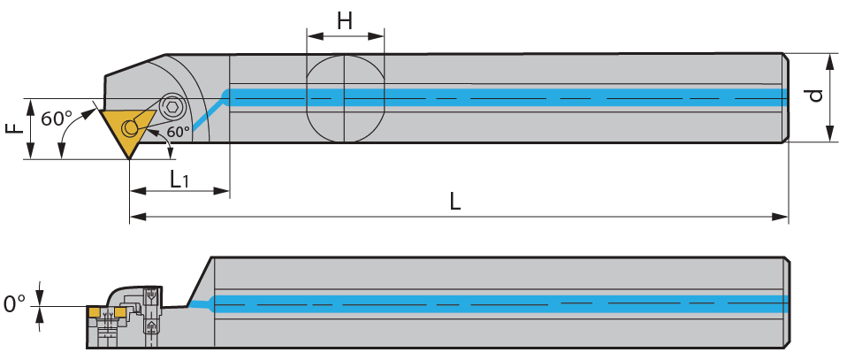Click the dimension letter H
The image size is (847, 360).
pos(345,21)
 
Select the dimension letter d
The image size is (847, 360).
pos(815,96)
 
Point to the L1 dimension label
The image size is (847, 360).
pos(179,180)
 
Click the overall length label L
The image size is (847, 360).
pos(454,203)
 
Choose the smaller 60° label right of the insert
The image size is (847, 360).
pos(179,132)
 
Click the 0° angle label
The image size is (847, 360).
pos(14,303)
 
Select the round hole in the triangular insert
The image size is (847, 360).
pos(130,127)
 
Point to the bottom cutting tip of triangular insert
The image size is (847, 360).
pos(129,159)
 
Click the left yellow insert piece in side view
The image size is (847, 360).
pos(95,312)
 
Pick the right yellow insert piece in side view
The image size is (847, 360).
pos(120,312)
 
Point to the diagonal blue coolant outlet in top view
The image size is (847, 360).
pos(208,115)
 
